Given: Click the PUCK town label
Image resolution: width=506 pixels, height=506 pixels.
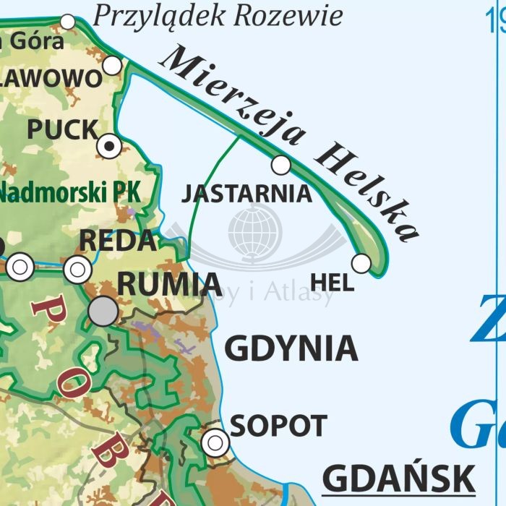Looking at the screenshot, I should [62, 130].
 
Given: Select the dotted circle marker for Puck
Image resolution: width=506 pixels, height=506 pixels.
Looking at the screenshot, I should [109, 146].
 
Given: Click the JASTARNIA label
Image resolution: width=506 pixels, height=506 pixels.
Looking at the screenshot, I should [246, 194].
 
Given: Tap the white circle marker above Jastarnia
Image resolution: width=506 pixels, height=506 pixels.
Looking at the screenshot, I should [281, 166].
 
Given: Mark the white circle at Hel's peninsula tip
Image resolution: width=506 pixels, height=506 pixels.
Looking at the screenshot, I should [361, 264].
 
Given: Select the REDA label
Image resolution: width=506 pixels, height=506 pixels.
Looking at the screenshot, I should [117, 241].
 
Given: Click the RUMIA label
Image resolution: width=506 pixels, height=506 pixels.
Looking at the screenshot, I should [169, 285].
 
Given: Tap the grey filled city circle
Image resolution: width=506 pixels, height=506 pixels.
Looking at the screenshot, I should [103, 311].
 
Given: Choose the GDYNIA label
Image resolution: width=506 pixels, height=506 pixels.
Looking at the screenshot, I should [291, 349].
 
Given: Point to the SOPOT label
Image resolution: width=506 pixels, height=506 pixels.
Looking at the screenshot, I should [278, 426].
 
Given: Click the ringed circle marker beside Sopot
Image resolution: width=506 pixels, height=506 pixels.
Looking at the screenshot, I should [215, 442].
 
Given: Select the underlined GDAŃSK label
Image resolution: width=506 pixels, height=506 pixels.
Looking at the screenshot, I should [398, 479].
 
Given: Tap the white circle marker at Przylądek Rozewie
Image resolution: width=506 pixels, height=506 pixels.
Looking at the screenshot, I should [68, 22].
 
